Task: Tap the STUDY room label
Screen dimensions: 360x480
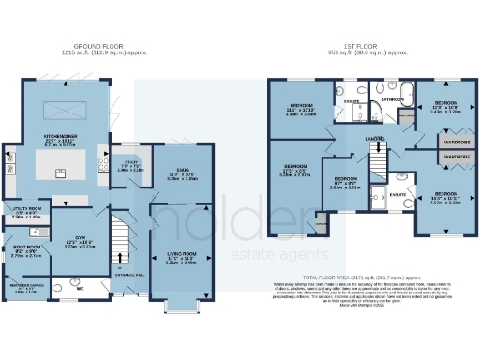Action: (128, 165)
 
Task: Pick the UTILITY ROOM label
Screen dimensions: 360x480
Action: (23, 212)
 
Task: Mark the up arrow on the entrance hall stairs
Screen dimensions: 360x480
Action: (120, 259)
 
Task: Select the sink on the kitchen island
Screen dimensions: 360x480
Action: (59, 172)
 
